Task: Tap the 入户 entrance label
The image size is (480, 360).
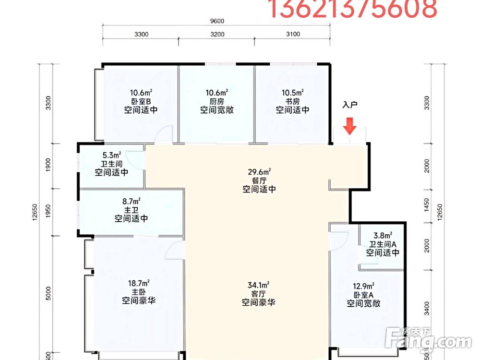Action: click(350, 105)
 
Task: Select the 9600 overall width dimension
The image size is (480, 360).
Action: click(217, 21)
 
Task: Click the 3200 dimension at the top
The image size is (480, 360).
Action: click(217, 34)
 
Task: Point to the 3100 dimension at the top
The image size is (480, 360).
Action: click(293, 34)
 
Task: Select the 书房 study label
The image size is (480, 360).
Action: click(292, 101)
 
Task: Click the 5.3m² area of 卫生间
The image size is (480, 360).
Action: click(111, 155)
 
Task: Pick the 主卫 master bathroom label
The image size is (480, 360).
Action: click(131, 210)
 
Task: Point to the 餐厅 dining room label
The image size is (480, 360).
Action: click(259, 180)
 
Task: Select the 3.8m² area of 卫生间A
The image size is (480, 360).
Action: click(383, 235)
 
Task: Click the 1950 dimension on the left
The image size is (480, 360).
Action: click(48, 211)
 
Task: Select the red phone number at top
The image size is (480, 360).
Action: click(351, 9)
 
